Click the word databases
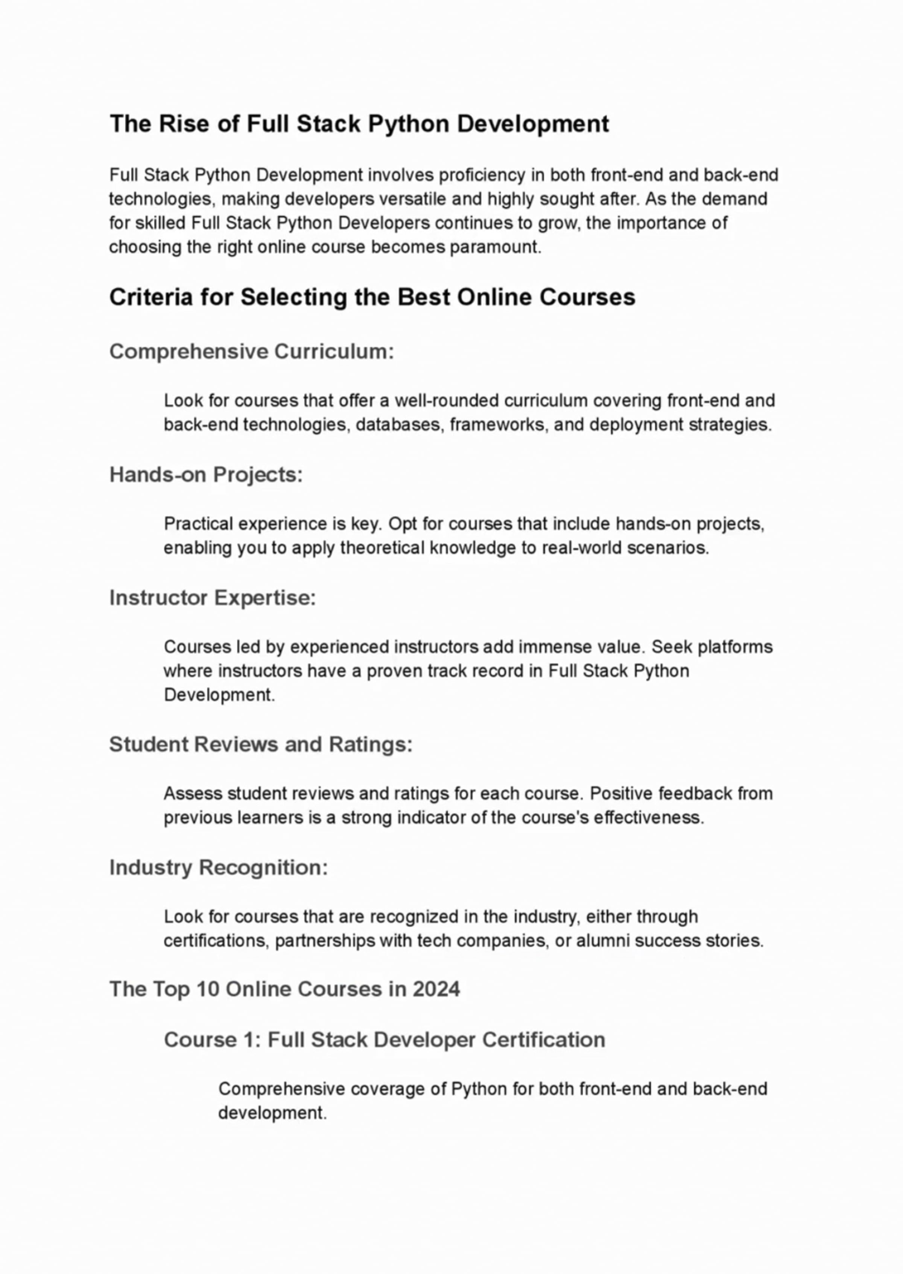click(400, 425)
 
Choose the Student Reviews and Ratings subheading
click(261, 744)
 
